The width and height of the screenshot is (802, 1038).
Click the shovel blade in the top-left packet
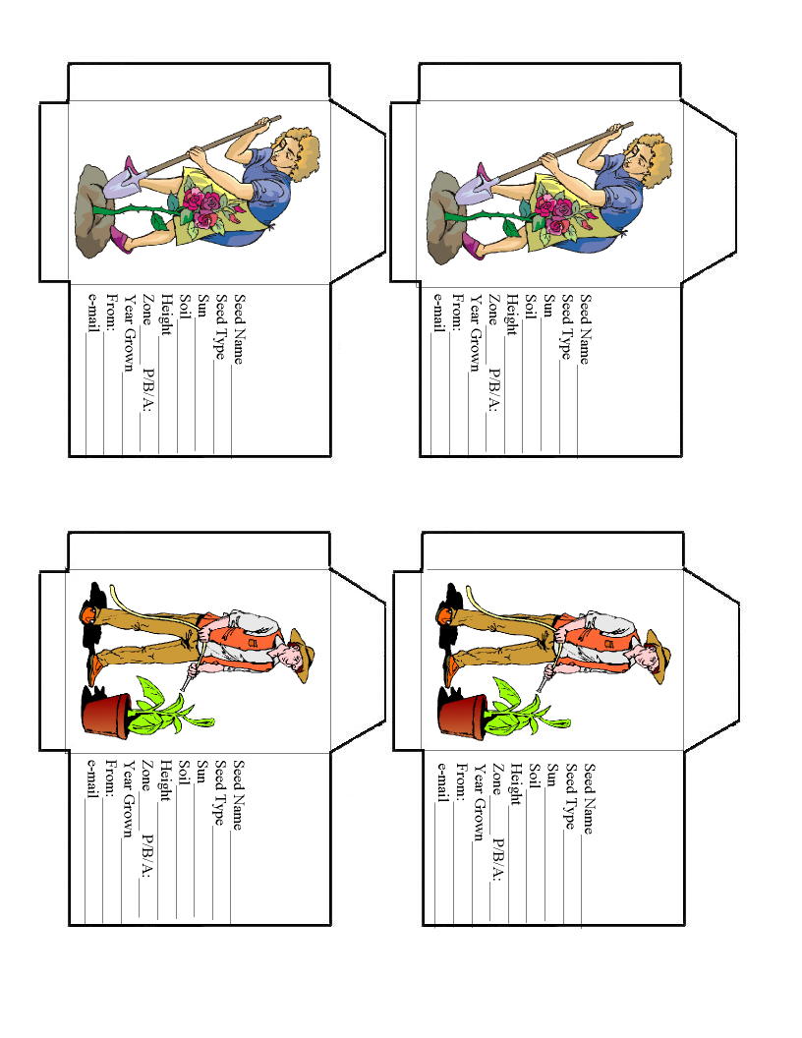(x=123, y=182)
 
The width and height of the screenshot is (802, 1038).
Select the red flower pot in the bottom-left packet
(x=106, y=714)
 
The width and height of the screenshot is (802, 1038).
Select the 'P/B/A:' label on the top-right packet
(x=493, y=390)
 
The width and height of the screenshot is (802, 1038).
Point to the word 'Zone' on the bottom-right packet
(x=496, y=778)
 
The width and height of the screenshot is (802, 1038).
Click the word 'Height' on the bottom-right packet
(x=515, y=783)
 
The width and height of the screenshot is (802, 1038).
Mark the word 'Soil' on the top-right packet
(x=530, y=306)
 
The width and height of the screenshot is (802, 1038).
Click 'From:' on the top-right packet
(x=457, y=312)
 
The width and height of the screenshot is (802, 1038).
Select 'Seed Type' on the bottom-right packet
(x=569, y=796)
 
